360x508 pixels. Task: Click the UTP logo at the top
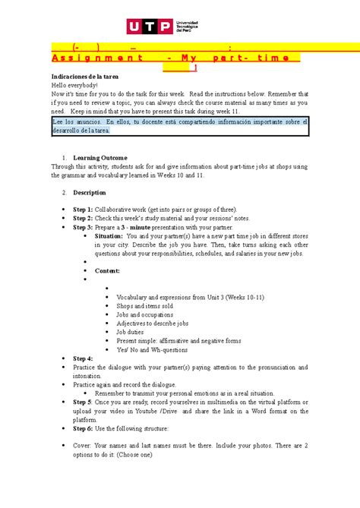[x=179, y=29]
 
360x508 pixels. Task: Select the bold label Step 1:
[x=83, y=209]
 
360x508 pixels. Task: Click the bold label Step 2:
[x=83, y=218]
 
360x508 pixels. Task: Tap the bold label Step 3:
[x=83, y=227]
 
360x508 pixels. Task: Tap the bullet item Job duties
[x=130, y=333]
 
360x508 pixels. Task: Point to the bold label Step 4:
[x=83, y=358]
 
